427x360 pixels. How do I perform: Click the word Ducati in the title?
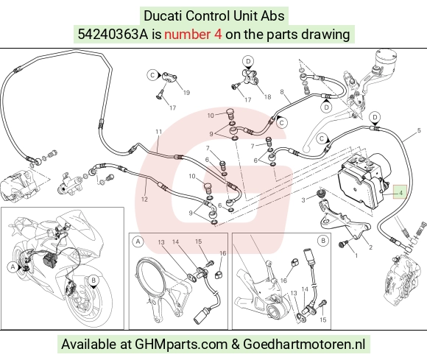point(163,15)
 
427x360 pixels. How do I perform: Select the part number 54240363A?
point(113,35)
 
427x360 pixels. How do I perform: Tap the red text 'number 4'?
point(193,35)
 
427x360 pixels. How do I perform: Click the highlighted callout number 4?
point(400,193)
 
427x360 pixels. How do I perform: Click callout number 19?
point(186,93)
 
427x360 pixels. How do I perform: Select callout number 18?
point(268,97)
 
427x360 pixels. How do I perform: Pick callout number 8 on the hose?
point(282,92)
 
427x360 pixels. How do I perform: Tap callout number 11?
point(159,132)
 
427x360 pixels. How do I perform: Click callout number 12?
point(144,200)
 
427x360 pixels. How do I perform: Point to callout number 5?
point(419,131)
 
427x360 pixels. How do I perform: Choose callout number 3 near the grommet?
point(303,200)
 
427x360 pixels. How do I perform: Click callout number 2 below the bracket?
point(370,247)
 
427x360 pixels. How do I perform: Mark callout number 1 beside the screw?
point(356,255)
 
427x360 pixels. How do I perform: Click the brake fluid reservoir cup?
point(385,59)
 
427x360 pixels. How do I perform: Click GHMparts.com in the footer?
point(181,345)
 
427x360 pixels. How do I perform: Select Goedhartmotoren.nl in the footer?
point(304,345)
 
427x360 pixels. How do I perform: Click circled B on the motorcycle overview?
point(93,280)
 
